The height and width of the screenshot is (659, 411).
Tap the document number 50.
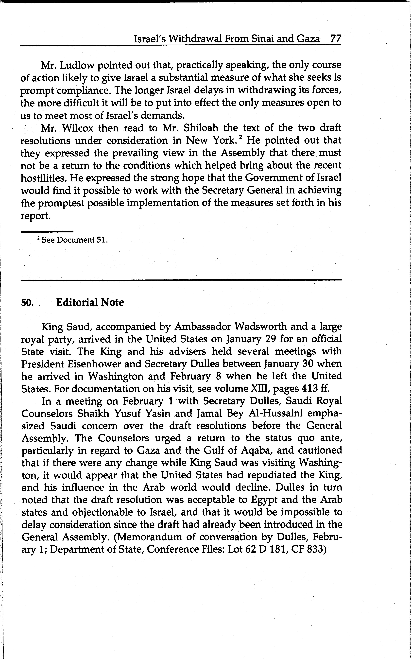(x=27, y=303)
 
